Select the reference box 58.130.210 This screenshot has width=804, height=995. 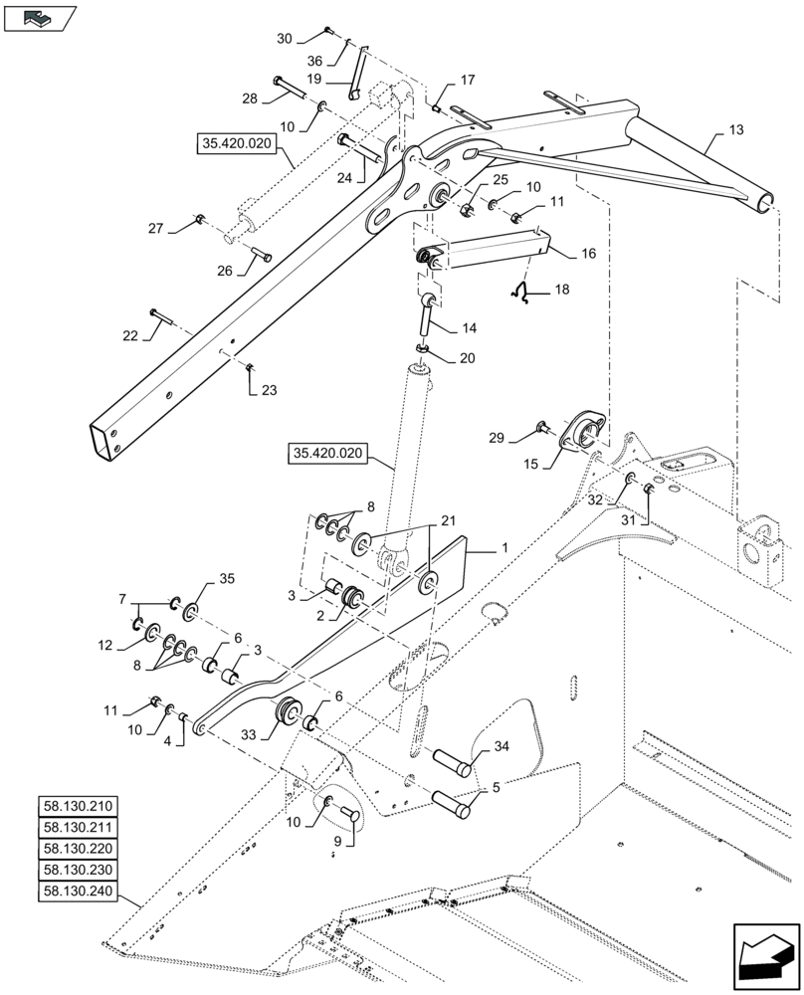(x=79, y=805)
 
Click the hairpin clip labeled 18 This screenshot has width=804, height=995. (x=518, y=292)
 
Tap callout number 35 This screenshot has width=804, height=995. (x=227, y=580)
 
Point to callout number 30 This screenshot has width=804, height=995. (x=285, y=39)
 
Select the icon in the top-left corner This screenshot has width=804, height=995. (x=39, y=16)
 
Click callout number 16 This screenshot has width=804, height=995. (x=588, y=255)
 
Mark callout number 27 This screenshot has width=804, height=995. (x=157, y=229)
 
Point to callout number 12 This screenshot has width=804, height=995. (x=105, y=646)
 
